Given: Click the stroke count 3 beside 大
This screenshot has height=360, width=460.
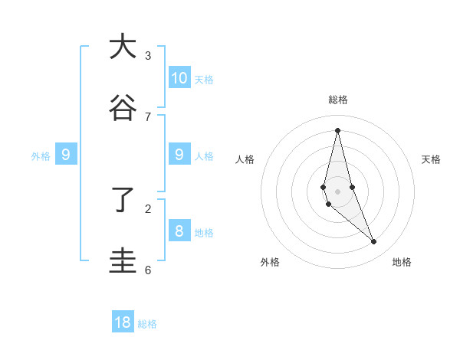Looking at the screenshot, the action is tap(148, 55).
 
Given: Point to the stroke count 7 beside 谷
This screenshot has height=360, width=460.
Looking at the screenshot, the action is tap(148, 116).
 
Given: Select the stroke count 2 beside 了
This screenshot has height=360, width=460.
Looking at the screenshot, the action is tap(148, 208).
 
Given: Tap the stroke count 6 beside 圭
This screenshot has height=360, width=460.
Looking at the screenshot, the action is tap(148, 270).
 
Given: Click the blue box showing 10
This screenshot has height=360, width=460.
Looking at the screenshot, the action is tap(179, 77).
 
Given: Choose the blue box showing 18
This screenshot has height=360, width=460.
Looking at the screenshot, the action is tap(123, 322).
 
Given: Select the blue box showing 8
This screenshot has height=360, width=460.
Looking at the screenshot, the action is tap(179, 231).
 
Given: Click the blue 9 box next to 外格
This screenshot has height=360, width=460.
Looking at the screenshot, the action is tap(66, 155).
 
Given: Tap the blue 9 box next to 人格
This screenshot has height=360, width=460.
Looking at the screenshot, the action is tap(179, 155).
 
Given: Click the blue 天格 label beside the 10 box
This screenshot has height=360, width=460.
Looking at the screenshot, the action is tap(204, 80).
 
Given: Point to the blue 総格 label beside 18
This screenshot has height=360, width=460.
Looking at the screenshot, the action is tap(147, 324).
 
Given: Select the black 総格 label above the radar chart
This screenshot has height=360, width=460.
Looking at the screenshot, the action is tap(337, 100).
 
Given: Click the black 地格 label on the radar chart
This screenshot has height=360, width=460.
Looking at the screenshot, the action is tap(402, 262).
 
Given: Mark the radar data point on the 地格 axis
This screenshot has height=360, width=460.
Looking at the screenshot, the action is tap(374, 242).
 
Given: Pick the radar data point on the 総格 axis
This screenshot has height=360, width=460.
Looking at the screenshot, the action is tap(337, 129).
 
